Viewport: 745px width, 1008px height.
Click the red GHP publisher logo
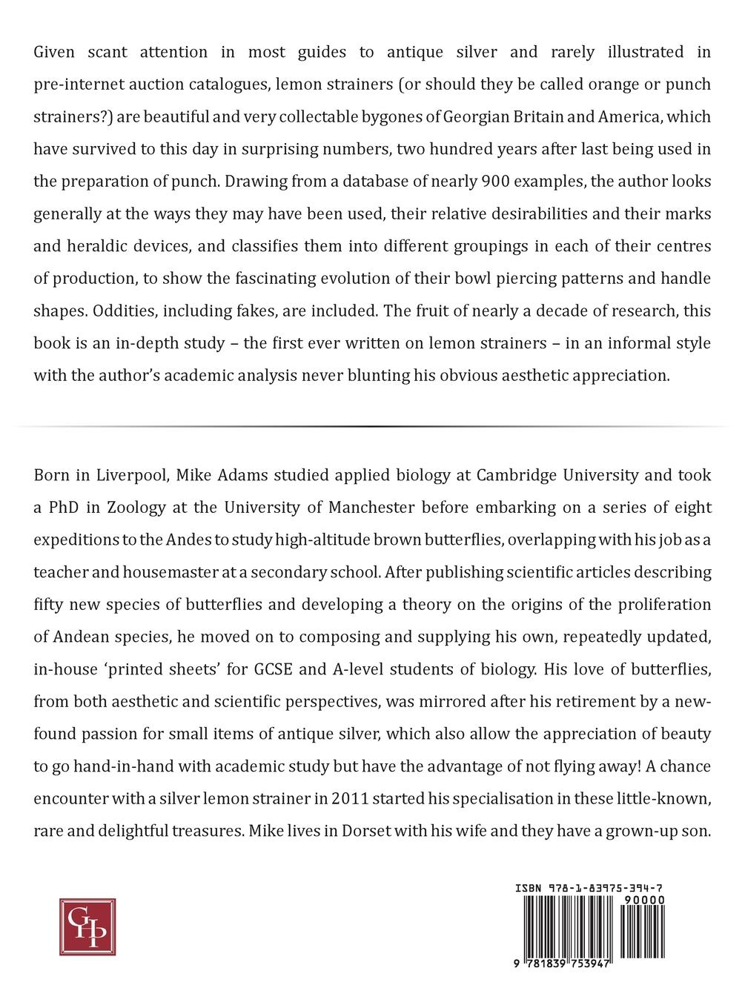(x=87, y=926)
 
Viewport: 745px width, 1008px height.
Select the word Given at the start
(x=58, y=52)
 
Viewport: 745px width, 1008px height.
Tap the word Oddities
(x=118, y=311)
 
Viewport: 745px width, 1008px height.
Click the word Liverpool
(x=132, y=475)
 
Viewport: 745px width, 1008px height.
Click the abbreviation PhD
(x=68, y=508)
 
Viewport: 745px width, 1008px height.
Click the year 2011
(x=349, y=799)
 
